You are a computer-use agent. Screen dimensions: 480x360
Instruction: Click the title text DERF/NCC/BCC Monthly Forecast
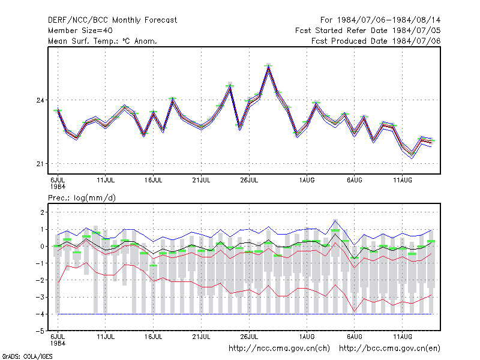[112, 20]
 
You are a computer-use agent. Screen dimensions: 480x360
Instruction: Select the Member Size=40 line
[80, 31]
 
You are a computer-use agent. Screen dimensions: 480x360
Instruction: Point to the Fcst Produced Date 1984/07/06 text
[376, 41]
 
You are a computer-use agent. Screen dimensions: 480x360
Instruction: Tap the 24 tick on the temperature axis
[40, 100]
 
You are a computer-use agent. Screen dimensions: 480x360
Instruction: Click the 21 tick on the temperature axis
[40, 164]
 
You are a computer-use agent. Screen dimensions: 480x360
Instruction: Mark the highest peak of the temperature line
[268, 67]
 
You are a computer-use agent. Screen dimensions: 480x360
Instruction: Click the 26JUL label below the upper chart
[249, 180]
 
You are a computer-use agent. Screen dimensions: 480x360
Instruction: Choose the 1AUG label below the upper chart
[307, 180]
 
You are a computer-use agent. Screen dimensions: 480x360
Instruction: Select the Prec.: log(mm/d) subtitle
[82, 198]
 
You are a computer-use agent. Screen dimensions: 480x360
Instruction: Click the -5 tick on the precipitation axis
[40, 331]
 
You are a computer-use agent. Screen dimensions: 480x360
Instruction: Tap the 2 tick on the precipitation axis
[42, 212]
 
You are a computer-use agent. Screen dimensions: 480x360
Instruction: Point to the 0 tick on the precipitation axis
[42, 247]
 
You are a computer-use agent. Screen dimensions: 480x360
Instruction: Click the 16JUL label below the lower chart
[154, 337]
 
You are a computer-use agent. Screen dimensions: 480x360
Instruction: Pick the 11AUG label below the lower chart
[403, 337]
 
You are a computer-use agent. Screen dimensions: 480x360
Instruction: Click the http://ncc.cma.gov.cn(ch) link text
[280, 349]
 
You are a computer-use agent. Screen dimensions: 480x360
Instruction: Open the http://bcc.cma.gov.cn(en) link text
[389, 349]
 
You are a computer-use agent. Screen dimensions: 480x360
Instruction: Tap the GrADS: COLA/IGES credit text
[27, 356]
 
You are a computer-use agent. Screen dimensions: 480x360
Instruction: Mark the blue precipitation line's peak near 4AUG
[335, 220]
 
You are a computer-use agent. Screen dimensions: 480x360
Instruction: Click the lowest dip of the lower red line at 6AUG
[355, 311]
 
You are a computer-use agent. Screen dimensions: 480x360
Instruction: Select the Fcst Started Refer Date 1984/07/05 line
[368, 31]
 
